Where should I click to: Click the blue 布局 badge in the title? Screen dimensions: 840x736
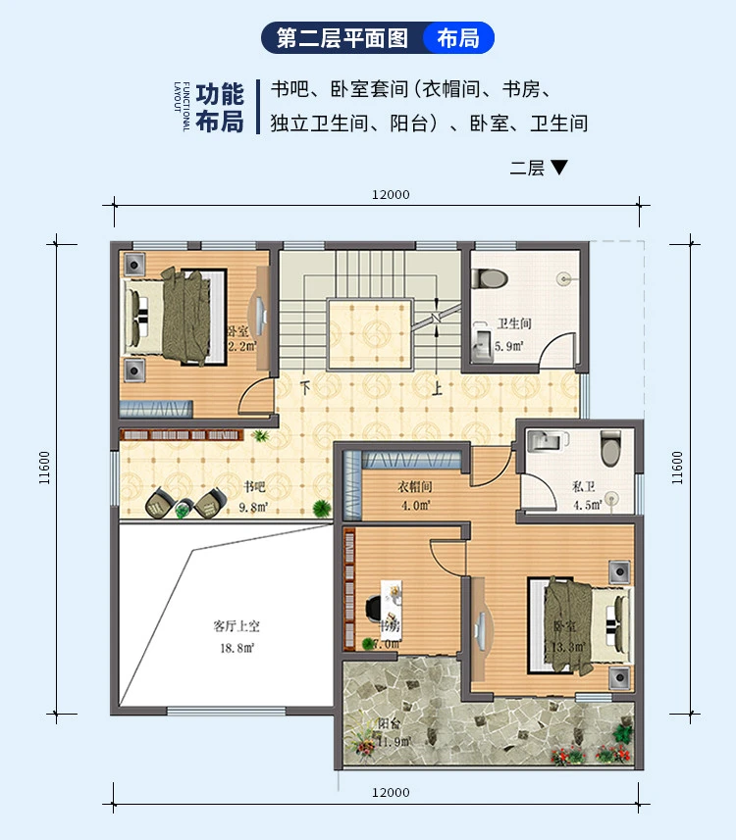[x=458, y=38]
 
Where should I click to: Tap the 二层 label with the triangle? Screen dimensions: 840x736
[x=539, y=168]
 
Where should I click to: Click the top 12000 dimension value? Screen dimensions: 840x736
[x=391, y=194]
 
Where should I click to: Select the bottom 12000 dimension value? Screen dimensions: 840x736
[x=391, y=792]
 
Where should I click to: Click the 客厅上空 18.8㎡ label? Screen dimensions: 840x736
[x=236, y=636]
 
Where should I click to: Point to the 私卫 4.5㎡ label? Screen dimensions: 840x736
[x=585, y=496]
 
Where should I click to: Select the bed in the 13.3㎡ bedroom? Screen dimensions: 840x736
[x=582, y=624]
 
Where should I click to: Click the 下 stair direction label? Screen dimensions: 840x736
[x=306, y=388]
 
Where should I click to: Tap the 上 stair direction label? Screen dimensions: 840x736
[x=438, y=388]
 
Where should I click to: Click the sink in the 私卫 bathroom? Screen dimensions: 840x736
[x=541, y=444]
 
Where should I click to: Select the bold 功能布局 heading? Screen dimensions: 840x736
[x=219, y=108]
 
